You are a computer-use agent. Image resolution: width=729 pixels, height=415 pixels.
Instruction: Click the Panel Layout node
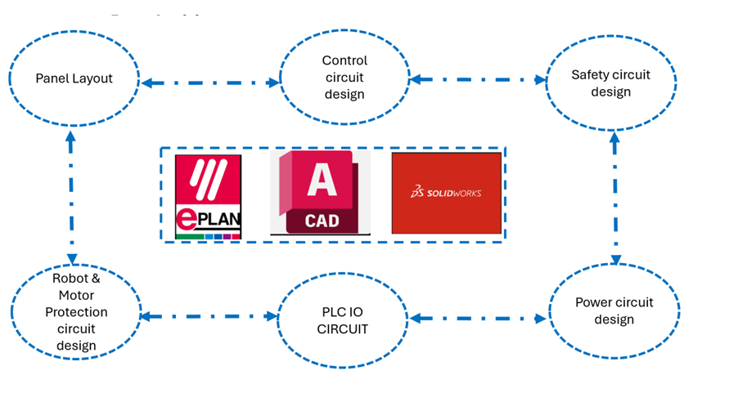pos(74,78)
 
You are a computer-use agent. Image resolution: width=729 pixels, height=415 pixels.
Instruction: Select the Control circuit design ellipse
pos(344,78)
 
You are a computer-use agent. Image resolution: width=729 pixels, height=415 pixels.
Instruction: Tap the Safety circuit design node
pos(610,83)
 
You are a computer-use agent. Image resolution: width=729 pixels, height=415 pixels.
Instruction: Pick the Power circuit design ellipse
pos(614,310)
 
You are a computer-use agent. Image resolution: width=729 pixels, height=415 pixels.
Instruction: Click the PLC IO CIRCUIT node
pos(344,319)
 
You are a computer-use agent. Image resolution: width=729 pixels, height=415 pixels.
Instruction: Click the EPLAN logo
pos(209,196)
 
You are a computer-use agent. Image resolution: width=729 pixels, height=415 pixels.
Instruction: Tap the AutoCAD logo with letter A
pos(320,192)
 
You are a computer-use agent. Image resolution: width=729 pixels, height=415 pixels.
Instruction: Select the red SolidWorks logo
pos(446,193)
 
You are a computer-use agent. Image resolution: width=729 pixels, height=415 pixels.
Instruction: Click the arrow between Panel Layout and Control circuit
pos(210,83)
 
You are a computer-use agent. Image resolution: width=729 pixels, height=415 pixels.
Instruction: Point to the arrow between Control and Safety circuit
pos(478,79)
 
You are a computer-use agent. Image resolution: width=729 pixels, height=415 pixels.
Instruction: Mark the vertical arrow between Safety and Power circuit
pos(614,196)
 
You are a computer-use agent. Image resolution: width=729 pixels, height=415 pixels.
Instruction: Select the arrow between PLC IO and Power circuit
pos(479,317)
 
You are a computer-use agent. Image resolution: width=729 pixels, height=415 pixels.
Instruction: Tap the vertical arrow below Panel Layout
pos(71,194)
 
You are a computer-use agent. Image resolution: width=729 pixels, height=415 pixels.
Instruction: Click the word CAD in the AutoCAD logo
pos(321,221)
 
